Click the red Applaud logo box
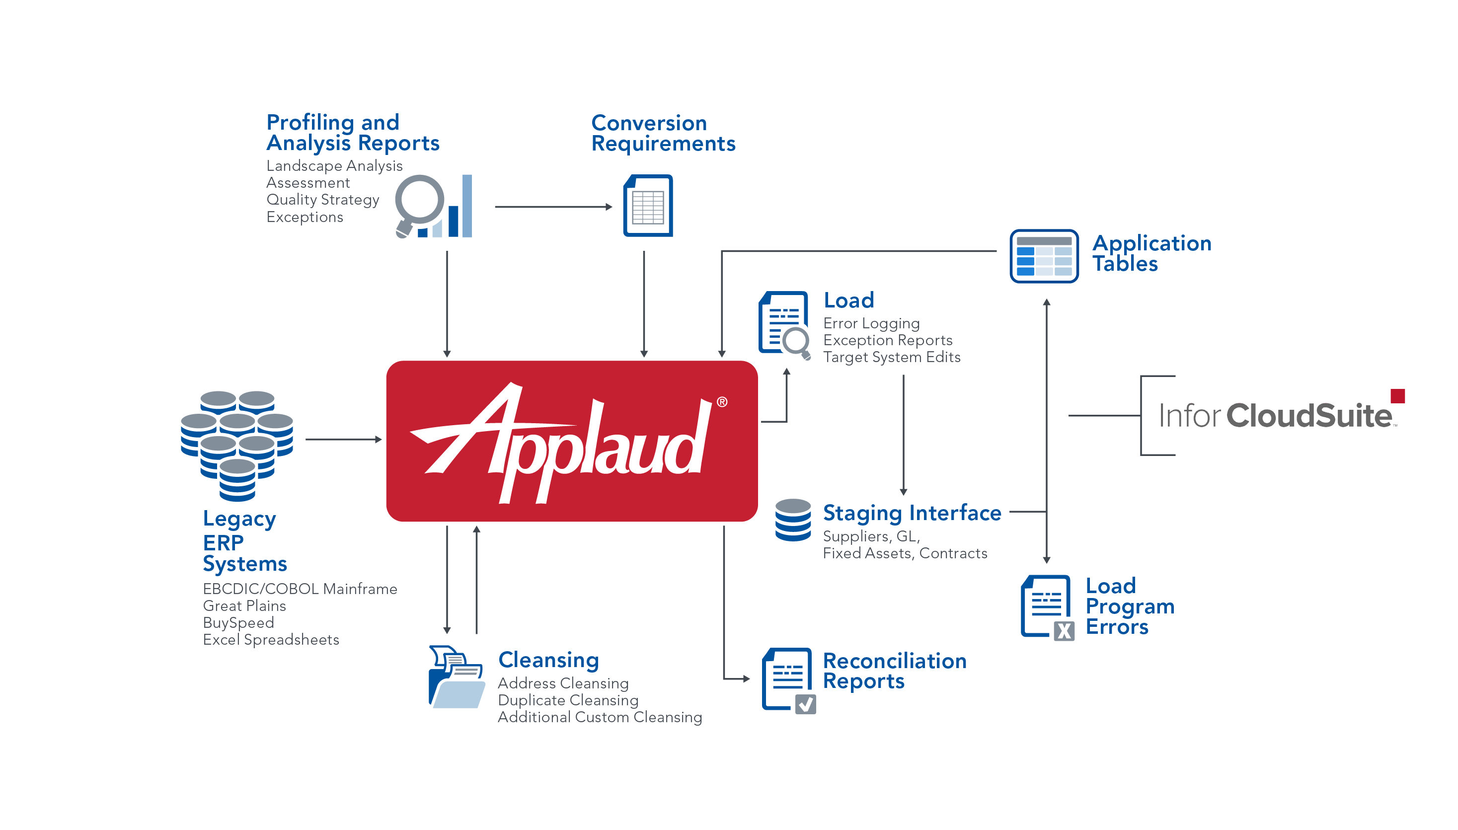[572, 441]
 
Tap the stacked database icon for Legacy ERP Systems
[237, 445]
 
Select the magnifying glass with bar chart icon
[433, 206]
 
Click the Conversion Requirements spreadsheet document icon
[648, 206]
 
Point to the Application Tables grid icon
[1044, 256]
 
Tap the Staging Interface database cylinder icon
[793, 520]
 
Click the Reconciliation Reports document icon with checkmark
[788, 679]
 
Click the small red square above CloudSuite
[1397, 395]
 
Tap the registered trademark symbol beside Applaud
[722, 402]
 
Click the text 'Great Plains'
[244, 605]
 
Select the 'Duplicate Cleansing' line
[568, 700]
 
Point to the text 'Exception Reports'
[887, 340]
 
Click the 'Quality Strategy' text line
[322, 200]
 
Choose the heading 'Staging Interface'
[912, 513]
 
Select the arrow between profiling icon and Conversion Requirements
[553, 207]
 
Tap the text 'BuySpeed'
[238, 622]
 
